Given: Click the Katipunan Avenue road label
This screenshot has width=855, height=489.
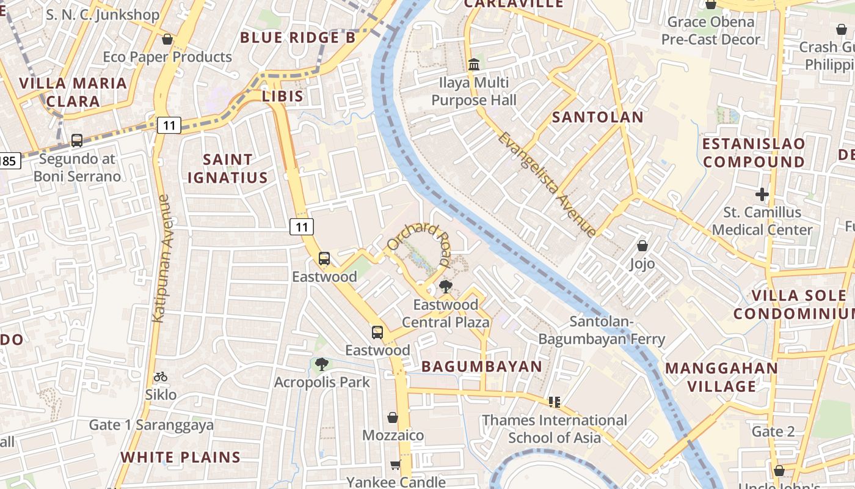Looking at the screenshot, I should point(161,258).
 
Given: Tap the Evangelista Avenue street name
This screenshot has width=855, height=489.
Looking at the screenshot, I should point(547,184).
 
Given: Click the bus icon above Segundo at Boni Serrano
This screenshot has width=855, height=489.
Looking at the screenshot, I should point(77,141).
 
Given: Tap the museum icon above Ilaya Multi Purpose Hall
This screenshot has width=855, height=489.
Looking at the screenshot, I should point(473,64).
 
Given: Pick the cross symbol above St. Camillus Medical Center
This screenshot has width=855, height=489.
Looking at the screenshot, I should point(762,195).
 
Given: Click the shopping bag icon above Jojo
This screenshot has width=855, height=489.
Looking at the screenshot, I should point(642,246).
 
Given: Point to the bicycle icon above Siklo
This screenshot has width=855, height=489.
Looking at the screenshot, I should point(161,377).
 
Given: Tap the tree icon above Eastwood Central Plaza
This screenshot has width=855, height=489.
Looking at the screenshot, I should point(446,286).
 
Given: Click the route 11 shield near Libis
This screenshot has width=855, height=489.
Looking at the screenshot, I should point(169,126).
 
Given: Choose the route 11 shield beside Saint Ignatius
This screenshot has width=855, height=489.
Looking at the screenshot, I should point(302,227).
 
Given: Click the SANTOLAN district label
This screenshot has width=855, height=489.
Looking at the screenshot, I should point(597,117).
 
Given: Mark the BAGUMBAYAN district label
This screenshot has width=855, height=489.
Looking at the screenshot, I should point(482,367).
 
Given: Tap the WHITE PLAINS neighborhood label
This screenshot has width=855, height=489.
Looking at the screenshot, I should point(180,457).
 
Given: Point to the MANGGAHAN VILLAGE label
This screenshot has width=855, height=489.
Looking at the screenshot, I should point(721,377).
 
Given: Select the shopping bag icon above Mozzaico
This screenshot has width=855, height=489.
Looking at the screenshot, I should point(393,417).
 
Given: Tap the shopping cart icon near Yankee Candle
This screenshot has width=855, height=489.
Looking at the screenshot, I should point(395,465).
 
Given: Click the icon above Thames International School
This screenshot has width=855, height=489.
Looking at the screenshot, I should point(555,402).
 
